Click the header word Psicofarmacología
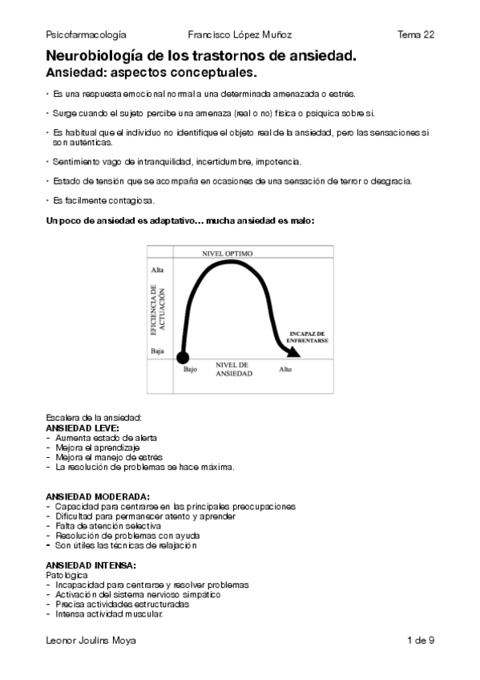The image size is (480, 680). (87, 34)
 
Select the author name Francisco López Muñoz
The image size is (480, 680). (240, 34)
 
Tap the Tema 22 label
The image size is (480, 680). (416, 34)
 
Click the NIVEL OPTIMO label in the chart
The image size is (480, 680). (227, 253)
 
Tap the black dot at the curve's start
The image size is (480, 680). (183, 357)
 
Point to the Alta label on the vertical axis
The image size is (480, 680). (157, 270)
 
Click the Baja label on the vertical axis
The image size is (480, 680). (157, 351)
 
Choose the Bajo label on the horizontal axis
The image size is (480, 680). (190, 370)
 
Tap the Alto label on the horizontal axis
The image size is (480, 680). (285, 370)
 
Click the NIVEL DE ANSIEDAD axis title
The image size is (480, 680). (234, 370)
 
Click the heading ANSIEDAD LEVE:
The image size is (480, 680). (83, 428)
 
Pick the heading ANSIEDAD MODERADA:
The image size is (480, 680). (99, 497)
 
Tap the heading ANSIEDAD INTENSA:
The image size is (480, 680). (91, 565)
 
